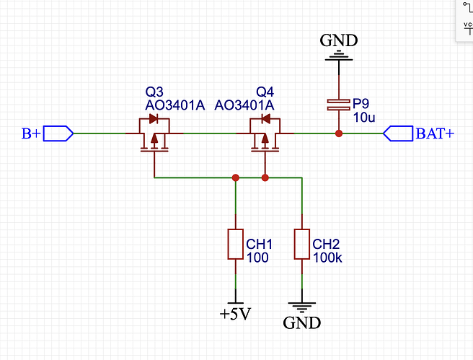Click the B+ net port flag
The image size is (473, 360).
(58, 133)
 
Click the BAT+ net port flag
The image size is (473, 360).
(398, 133)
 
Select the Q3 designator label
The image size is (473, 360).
(154, 92)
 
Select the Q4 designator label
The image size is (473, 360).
(265, 92)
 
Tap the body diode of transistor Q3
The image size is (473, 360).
(154, 118)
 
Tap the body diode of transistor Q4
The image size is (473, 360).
(265, 118)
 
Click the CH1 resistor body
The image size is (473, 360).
(236, 244)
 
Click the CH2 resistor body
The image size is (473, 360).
(302, 244)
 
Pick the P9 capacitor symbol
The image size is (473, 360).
(339, 105)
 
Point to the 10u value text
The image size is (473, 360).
(364, 118)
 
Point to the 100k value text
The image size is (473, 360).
(327, 258)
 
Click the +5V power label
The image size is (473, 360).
(235, 315)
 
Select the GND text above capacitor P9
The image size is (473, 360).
(339, 40)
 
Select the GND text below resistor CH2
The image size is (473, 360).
(302, 323)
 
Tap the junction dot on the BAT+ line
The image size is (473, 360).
(339, 133)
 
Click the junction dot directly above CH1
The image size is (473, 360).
(236, 177)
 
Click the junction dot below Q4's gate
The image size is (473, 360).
(265, 177)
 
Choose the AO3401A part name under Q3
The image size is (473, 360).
(175, 105)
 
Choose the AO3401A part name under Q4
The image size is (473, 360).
(244, 105)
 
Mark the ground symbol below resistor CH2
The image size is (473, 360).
(302, 307)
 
